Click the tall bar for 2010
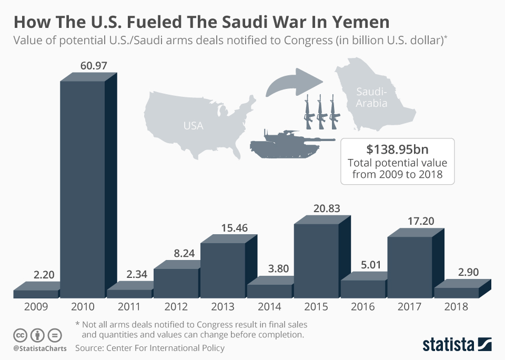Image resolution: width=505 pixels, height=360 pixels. tap(82, 189)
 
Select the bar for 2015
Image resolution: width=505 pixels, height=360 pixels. tap(316, 261)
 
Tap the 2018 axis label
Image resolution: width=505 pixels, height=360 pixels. tap(456, 307)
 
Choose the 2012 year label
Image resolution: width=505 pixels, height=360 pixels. tap(176, 307)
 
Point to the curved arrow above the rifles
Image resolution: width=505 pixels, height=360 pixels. tap(294, 82)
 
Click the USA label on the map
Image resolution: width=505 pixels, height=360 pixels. tap(193, 126)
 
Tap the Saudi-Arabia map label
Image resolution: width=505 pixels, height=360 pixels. tap(371, 98)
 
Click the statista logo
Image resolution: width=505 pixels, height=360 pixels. tap(457, 344)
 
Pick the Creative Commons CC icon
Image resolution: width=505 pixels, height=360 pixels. tap(19, 335)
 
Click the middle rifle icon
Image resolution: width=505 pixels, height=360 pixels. tap(320, 112)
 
